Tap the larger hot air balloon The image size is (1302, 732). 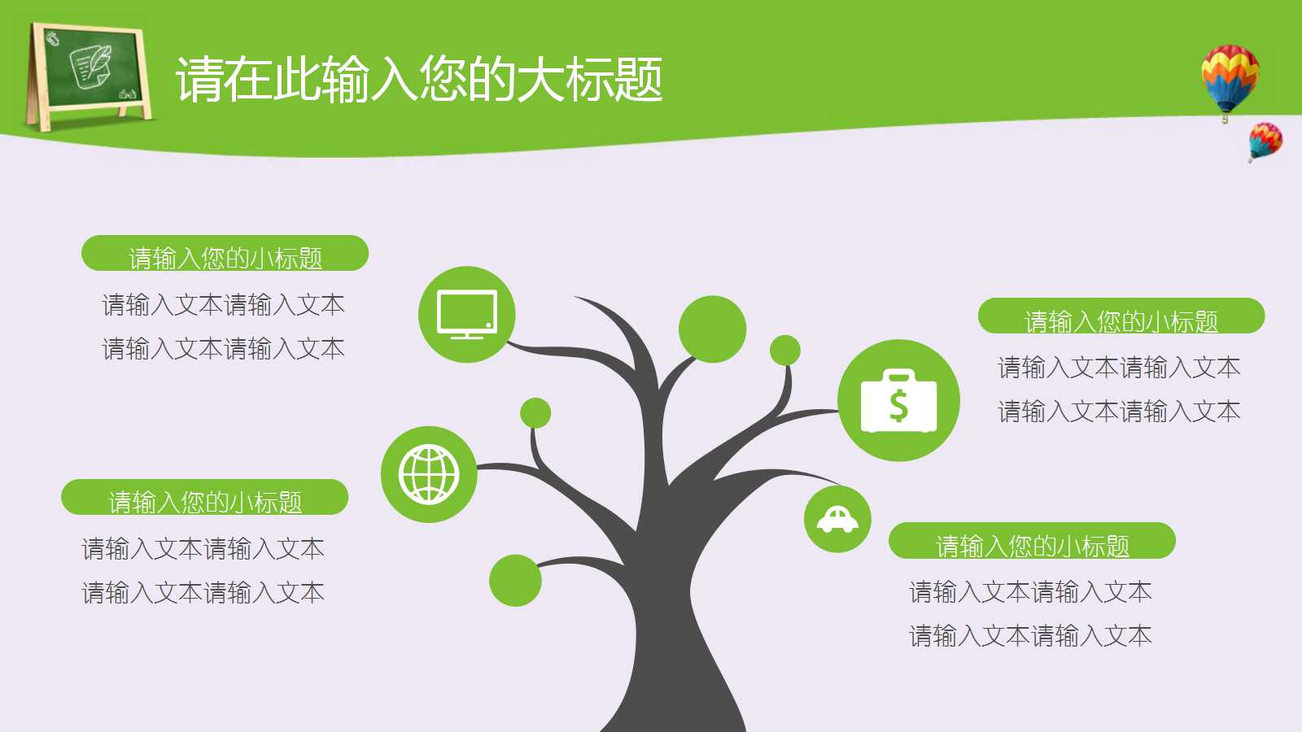coord(1230,78)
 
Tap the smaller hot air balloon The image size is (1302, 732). coord(1265,140)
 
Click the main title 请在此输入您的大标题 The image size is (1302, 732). coord(419,80)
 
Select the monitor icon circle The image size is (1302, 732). coord(467,314)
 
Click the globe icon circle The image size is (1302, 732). coord(429,474)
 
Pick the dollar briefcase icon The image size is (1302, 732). coord(898,400)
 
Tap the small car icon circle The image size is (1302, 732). coord(837,519)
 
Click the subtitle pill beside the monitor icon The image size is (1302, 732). coord(225,254)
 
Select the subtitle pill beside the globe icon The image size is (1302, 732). coord(204,498)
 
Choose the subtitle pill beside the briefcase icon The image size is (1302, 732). coord(1121,316)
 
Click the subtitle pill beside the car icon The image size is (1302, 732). coord(1032,541)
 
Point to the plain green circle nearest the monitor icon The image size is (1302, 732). coord(712,329)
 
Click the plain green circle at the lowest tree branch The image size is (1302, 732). coord(515,580)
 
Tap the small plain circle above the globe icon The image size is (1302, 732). coord(535,413)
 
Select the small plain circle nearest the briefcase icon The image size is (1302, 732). coord(784,351)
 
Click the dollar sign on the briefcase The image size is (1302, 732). coord(898,404)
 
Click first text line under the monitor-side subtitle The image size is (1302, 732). coord(223,305)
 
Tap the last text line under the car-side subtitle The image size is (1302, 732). coord(1030,635)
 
